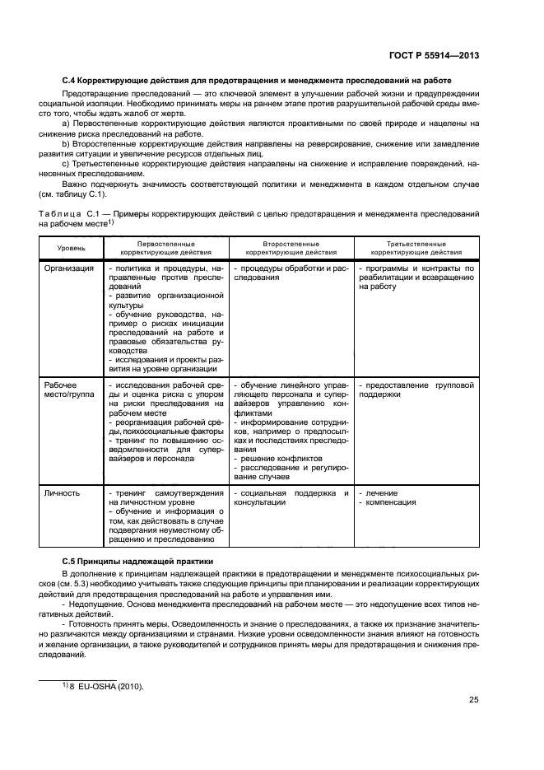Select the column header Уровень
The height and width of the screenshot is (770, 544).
coord(69,248)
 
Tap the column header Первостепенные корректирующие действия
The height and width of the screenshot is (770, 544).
coord(165,248)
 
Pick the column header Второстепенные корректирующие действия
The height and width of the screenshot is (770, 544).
coord(291,248)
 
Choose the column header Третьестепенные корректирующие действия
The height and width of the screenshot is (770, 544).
coord(416,248)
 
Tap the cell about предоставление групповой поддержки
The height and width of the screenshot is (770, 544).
coord(417,390)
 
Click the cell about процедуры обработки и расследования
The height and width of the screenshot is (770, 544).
coord(291,273)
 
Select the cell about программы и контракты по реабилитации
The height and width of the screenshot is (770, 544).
coord(417,278)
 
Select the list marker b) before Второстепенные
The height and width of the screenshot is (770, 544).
coord(67,143)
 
